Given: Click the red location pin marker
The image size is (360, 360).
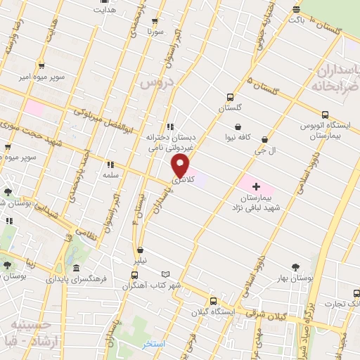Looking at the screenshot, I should click(x=181, y=166).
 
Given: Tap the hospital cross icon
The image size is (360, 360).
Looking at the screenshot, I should click(x=255, y=187).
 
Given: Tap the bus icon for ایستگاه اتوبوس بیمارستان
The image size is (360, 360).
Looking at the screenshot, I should click(x=324, y=115).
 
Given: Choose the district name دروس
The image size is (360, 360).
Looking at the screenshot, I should click(x=150, y=83).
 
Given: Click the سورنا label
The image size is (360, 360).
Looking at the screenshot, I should click(x=155, y=32).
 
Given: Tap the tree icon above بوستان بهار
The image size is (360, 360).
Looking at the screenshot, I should click(x=295, y=266).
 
